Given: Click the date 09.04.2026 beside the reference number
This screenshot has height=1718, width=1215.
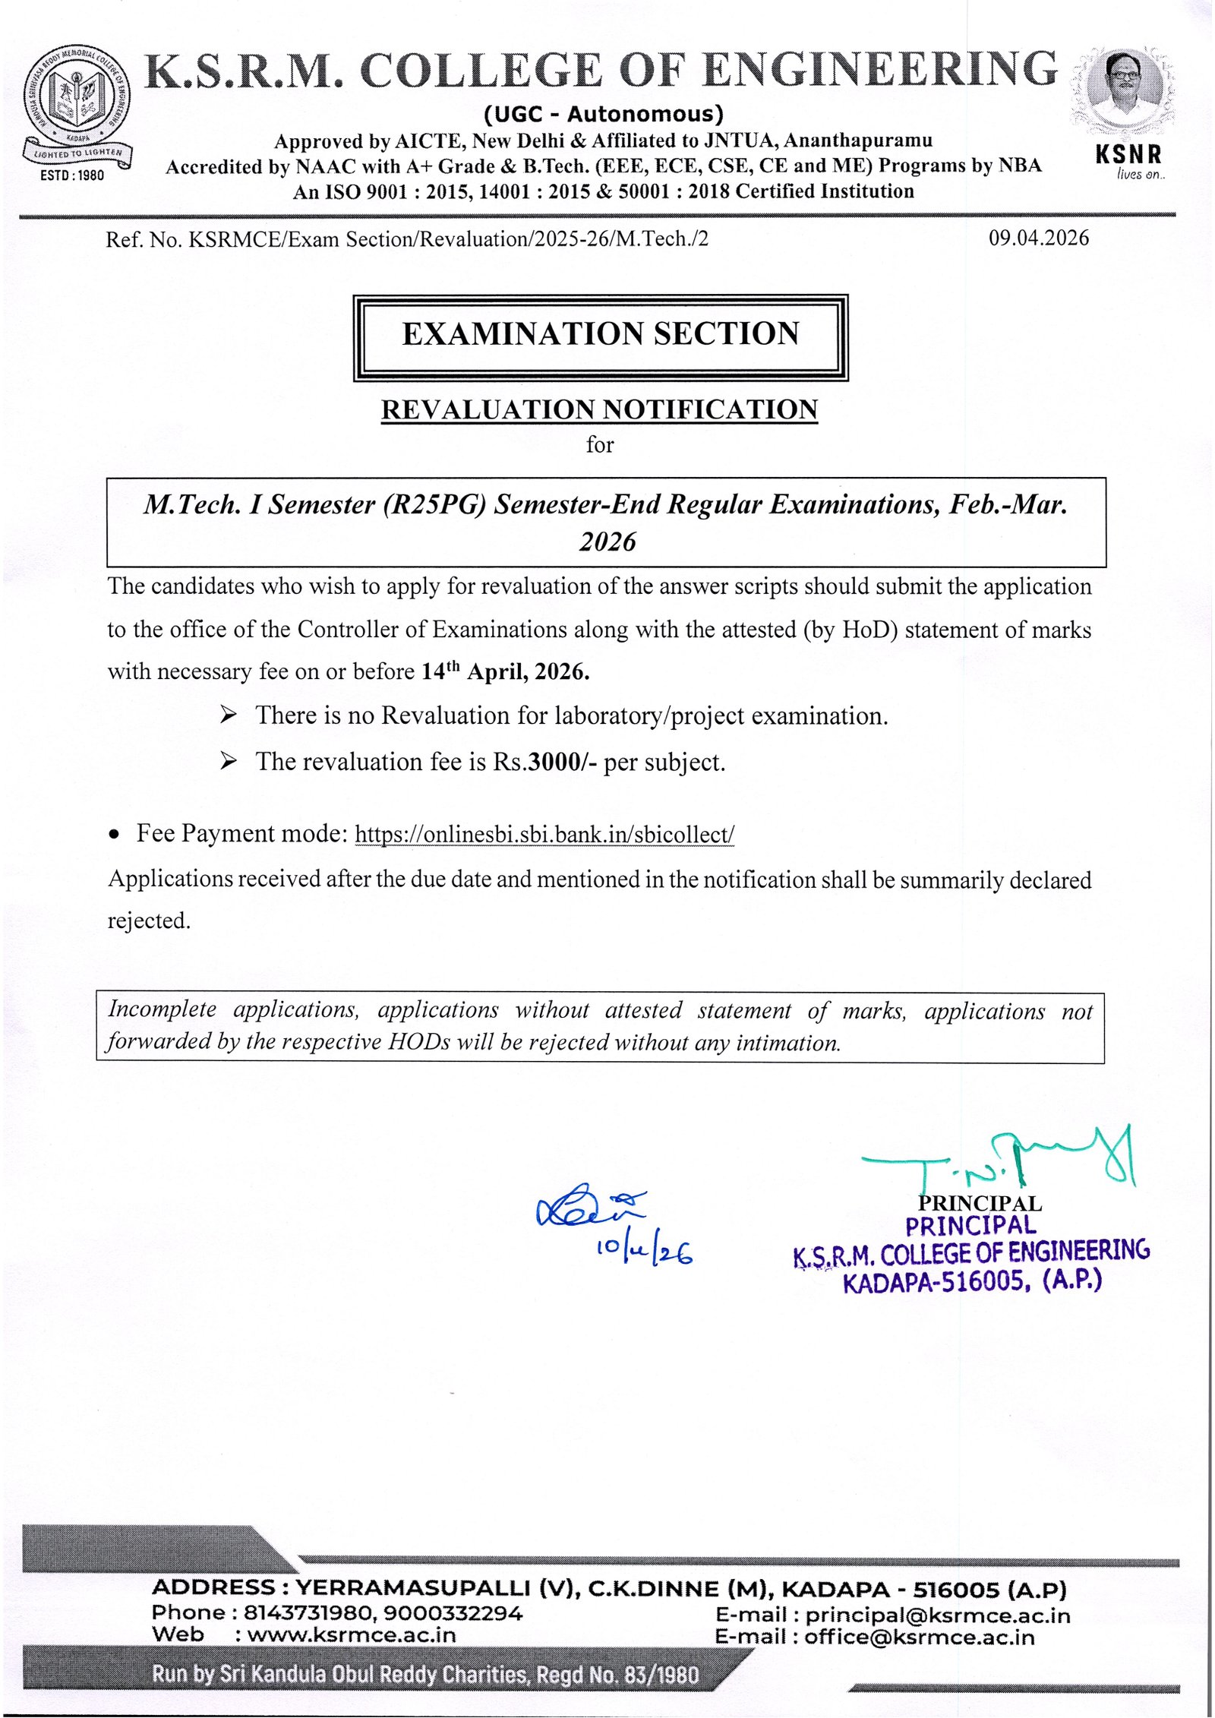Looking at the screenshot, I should click(x=1038, y=238).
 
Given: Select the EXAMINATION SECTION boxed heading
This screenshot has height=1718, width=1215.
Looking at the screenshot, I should click(x=600, y=335).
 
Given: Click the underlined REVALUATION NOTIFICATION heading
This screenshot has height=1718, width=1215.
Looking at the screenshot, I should click(x=599, y=409).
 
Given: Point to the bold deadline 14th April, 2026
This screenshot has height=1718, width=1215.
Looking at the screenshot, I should click(x=505, y=672).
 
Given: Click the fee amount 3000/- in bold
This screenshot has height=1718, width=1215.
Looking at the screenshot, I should click(x=563, y=762).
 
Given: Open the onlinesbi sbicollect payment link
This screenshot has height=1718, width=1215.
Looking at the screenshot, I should click(x=544, y=835).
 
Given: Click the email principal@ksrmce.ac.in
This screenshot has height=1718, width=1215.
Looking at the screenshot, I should click(x=937, y=1615).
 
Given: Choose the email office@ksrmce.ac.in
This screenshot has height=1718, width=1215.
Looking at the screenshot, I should click(x=919, y=1637).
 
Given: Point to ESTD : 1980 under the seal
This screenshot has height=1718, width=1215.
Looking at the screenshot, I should click(x=72, y=175).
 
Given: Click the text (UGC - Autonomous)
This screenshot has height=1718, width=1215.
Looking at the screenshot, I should click(x=604, y=115).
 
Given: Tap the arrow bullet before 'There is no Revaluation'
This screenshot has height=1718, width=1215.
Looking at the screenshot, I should click(x=228, y=715).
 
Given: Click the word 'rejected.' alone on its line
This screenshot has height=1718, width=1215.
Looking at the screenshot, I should click(x=149, y=921).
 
